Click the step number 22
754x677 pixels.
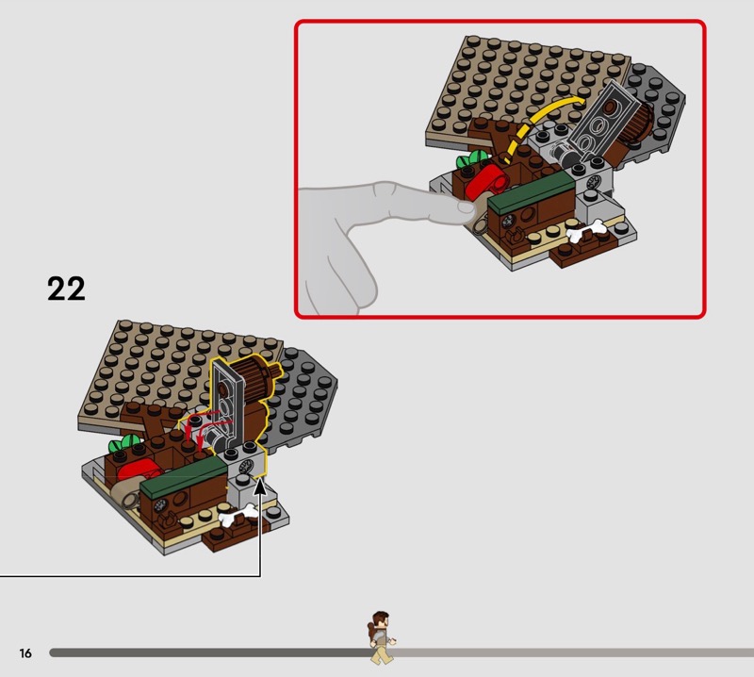(66, 289)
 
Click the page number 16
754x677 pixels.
(25, 652)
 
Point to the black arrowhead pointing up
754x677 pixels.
(260, 487)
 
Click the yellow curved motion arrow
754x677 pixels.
(537, 123)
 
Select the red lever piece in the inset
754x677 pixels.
(486, 182)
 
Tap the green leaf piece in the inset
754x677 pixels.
(469, 159)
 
